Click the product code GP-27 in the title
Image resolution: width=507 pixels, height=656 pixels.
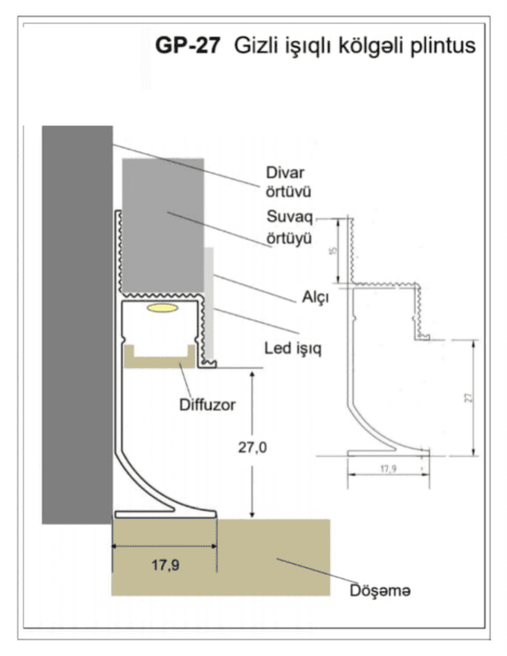point(188,45)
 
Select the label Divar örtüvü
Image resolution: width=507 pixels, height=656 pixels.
point(288,182)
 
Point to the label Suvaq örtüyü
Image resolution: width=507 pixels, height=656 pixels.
point(289,227)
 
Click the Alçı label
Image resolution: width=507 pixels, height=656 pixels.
point(315,298)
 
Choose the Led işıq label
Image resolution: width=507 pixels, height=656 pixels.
point(293,349)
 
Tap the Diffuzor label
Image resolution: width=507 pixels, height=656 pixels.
point(207,405)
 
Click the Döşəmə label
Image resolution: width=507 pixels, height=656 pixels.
point(380,590)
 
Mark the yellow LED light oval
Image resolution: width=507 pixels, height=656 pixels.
point(163,308)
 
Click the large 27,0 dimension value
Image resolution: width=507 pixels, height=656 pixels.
point(252,447)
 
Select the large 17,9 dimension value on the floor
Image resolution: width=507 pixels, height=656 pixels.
point(165,565)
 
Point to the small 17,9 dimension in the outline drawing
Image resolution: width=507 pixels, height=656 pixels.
point(388,468)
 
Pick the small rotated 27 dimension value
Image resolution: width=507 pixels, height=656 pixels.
point(469,397)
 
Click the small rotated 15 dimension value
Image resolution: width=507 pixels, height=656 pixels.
point(333,251)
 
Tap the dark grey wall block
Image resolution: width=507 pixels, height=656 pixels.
point(77,324)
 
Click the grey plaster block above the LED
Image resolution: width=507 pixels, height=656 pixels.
point(163,225)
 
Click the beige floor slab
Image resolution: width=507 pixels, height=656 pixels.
point(221,557)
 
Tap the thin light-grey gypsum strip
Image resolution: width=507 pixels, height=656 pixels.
point(209,303)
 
